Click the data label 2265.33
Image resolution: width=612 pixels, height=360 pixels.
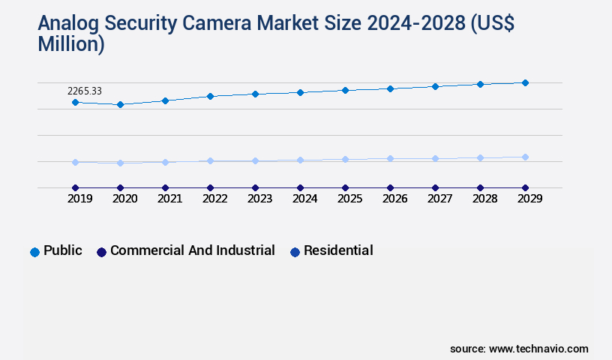tap(85, 91)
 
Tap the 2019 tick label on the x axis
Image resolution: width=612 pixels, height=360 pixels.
tap(80, 199)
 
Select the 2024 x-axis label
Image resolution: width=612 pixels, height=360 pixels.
tap(305, 199)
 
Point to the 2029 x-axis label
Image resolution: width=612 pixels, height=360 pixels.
tap(530, 199)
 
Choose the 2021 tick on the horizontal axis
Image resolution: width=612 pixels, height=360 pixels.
tap(170, 199)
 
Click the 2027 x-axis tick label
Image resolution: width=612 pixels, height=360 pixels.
tap(440, 199)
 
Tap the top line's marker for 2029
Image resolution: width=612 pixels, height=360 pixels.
tap(525, 82)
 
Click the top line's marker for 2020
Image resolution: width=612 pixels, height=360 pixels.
tap(120, 104)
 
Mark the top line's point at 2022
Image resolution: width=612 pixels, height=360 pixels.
tap(210, 96)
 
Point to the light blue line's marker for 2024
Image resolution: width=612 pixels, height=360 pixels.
tap(300, 160)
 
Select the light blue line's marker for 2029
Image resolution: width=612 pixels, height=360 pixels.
tap(525, 157)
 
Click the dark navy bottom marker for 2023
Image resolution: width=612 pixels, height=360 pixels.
tap(255, 187)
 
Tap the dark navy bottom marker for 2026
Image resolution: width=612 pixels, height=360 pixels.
tap(390, 187)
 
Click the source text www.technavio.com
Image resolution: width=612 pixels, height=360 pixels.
tap(538, 349)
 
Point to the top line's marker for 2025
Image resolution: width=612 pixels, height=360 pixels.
tap(345, 90)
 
